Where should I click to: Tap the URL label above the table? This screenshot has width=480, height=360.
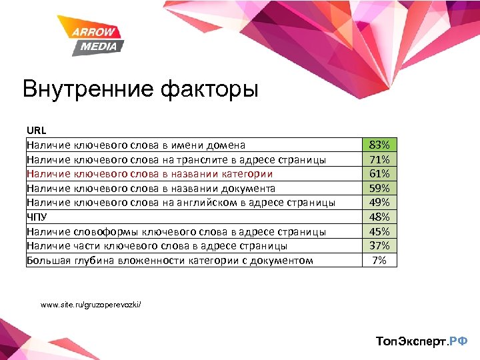coord(36,130)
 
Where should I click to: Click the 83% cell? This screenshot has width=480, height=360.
coord(379,145)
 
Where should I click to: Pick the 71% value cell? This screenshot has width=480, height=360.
coord(379,159)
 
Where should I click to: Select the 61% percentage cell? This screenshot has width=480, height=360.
coord(379,174)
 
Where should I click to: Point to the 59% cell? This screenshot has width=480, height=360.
coord(379,188)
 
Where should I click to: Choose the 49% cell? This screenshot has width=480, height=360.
coord(379,203)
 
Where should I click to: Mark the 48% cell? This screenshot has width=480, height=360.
coord(379,217)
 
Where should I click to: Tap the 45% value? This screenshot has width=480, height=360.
coord(379,231)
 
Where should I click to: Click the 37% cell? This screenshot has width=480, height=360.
coord(379,246)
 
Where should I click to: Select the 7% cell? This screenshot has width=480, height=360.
coord(379,260)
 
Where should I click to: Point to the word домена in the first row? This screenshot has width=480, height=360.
coord(226,145)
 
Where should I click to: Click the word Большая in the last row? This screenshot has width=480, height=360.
coord(48,260)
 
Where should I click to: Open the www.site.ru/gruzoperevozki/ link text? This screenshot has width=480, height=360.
coord(90,305)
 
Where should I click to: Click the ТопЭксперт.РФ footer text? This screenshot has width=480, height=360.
coord(421,341)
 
